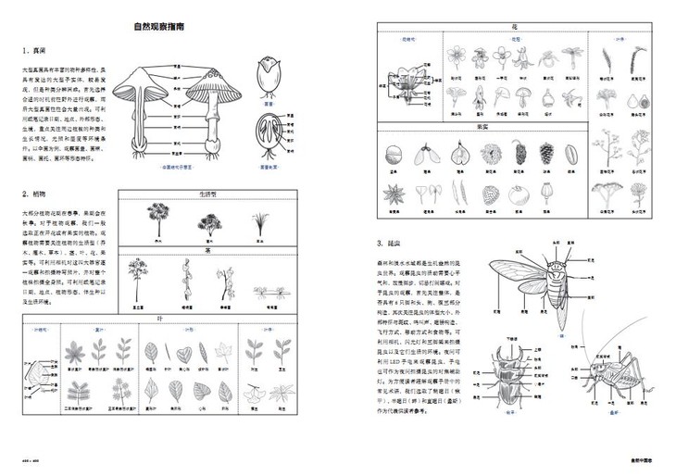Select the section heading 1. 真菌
(35, 50)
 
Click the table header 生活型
(211, 195)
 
